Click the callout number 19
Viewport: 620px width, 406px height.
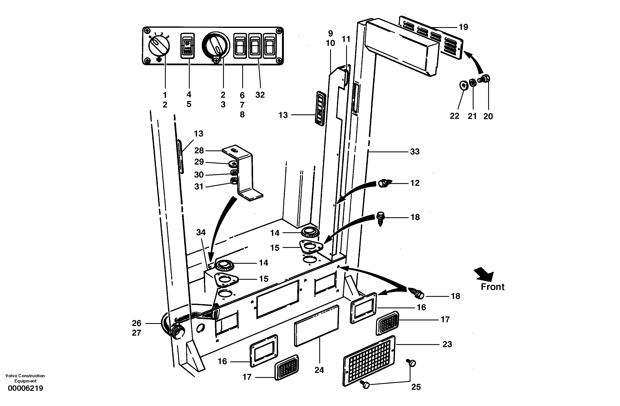point(463,27)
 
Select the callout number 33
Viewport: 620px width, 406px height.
point(415,151)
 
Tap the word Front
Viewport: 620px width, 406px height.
point(492,287)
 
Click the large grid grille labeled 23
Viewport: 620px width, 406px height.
point(369,361)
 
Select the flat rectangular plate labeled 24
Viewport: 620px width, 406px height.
point(317,326)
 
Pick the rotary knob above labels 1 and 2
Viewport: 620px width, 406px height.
point(159,46)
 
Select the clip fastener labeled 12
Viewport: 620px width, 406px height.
point(383,184)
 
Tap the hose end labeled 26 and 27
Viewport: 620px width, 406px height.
point(177,332)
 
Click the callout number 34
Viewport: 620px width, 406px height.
point(201,232)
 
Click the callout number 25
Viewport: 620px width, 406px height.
point(416,387)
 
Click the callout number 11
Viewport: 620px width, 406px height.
point(346,39)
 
